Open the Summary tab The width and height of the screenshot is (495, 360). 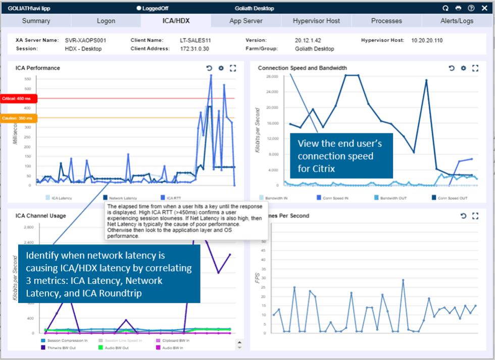pos(36,21)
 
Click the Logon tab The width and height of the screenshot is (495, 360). pos(106,21)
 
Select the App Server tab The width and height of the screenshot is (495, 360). pos(246,21)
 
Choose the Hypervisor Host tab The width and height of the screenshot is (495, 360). pos(316,21)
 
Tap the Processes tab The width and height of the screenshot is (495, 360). pos(386,21)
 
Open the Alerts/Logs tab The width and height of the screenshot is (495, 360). pos(457,21)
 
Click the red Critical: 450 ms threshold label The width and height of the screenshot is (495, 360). pos(18,98)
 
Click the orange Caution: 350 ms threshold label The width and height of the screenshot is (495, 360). pos(18,118)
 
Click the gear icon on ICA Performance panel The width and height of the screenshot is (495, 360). pos(221,68)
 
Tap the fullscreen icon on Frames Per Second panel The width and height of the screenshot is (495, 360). pos(475,216)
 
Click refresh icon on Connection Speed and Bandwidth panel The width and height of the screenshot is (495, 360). pos(452,68)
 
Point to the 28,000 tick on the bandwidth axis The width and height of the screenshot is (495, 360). pos(272,76)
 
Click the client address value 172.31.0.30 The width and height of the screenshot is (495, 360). pos(194,49)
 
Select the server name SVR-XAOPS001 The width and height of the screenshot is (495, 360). pos(85,40)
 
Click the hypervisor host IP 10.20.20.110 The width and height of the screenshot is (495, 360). pos(427,40)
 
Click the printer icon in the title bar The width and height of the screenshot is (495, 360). pos(458,8)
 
